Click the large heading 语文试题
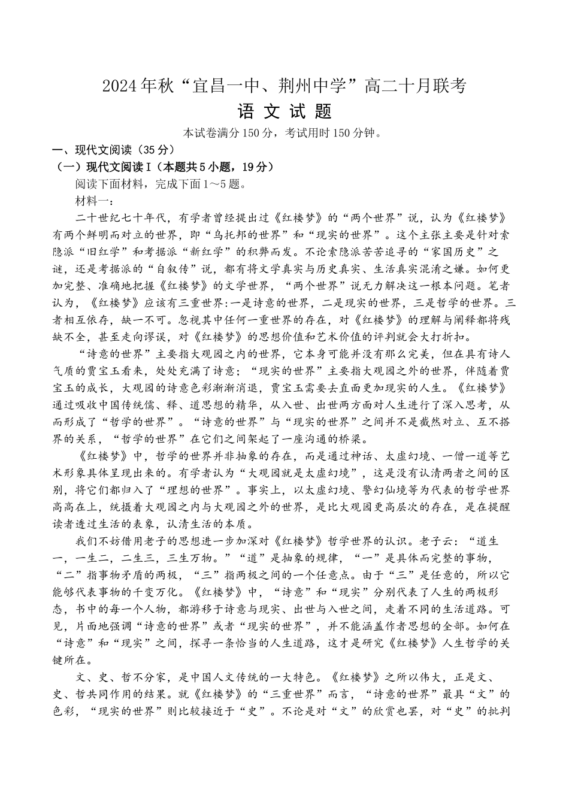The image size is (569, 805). tap(284, 112)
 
